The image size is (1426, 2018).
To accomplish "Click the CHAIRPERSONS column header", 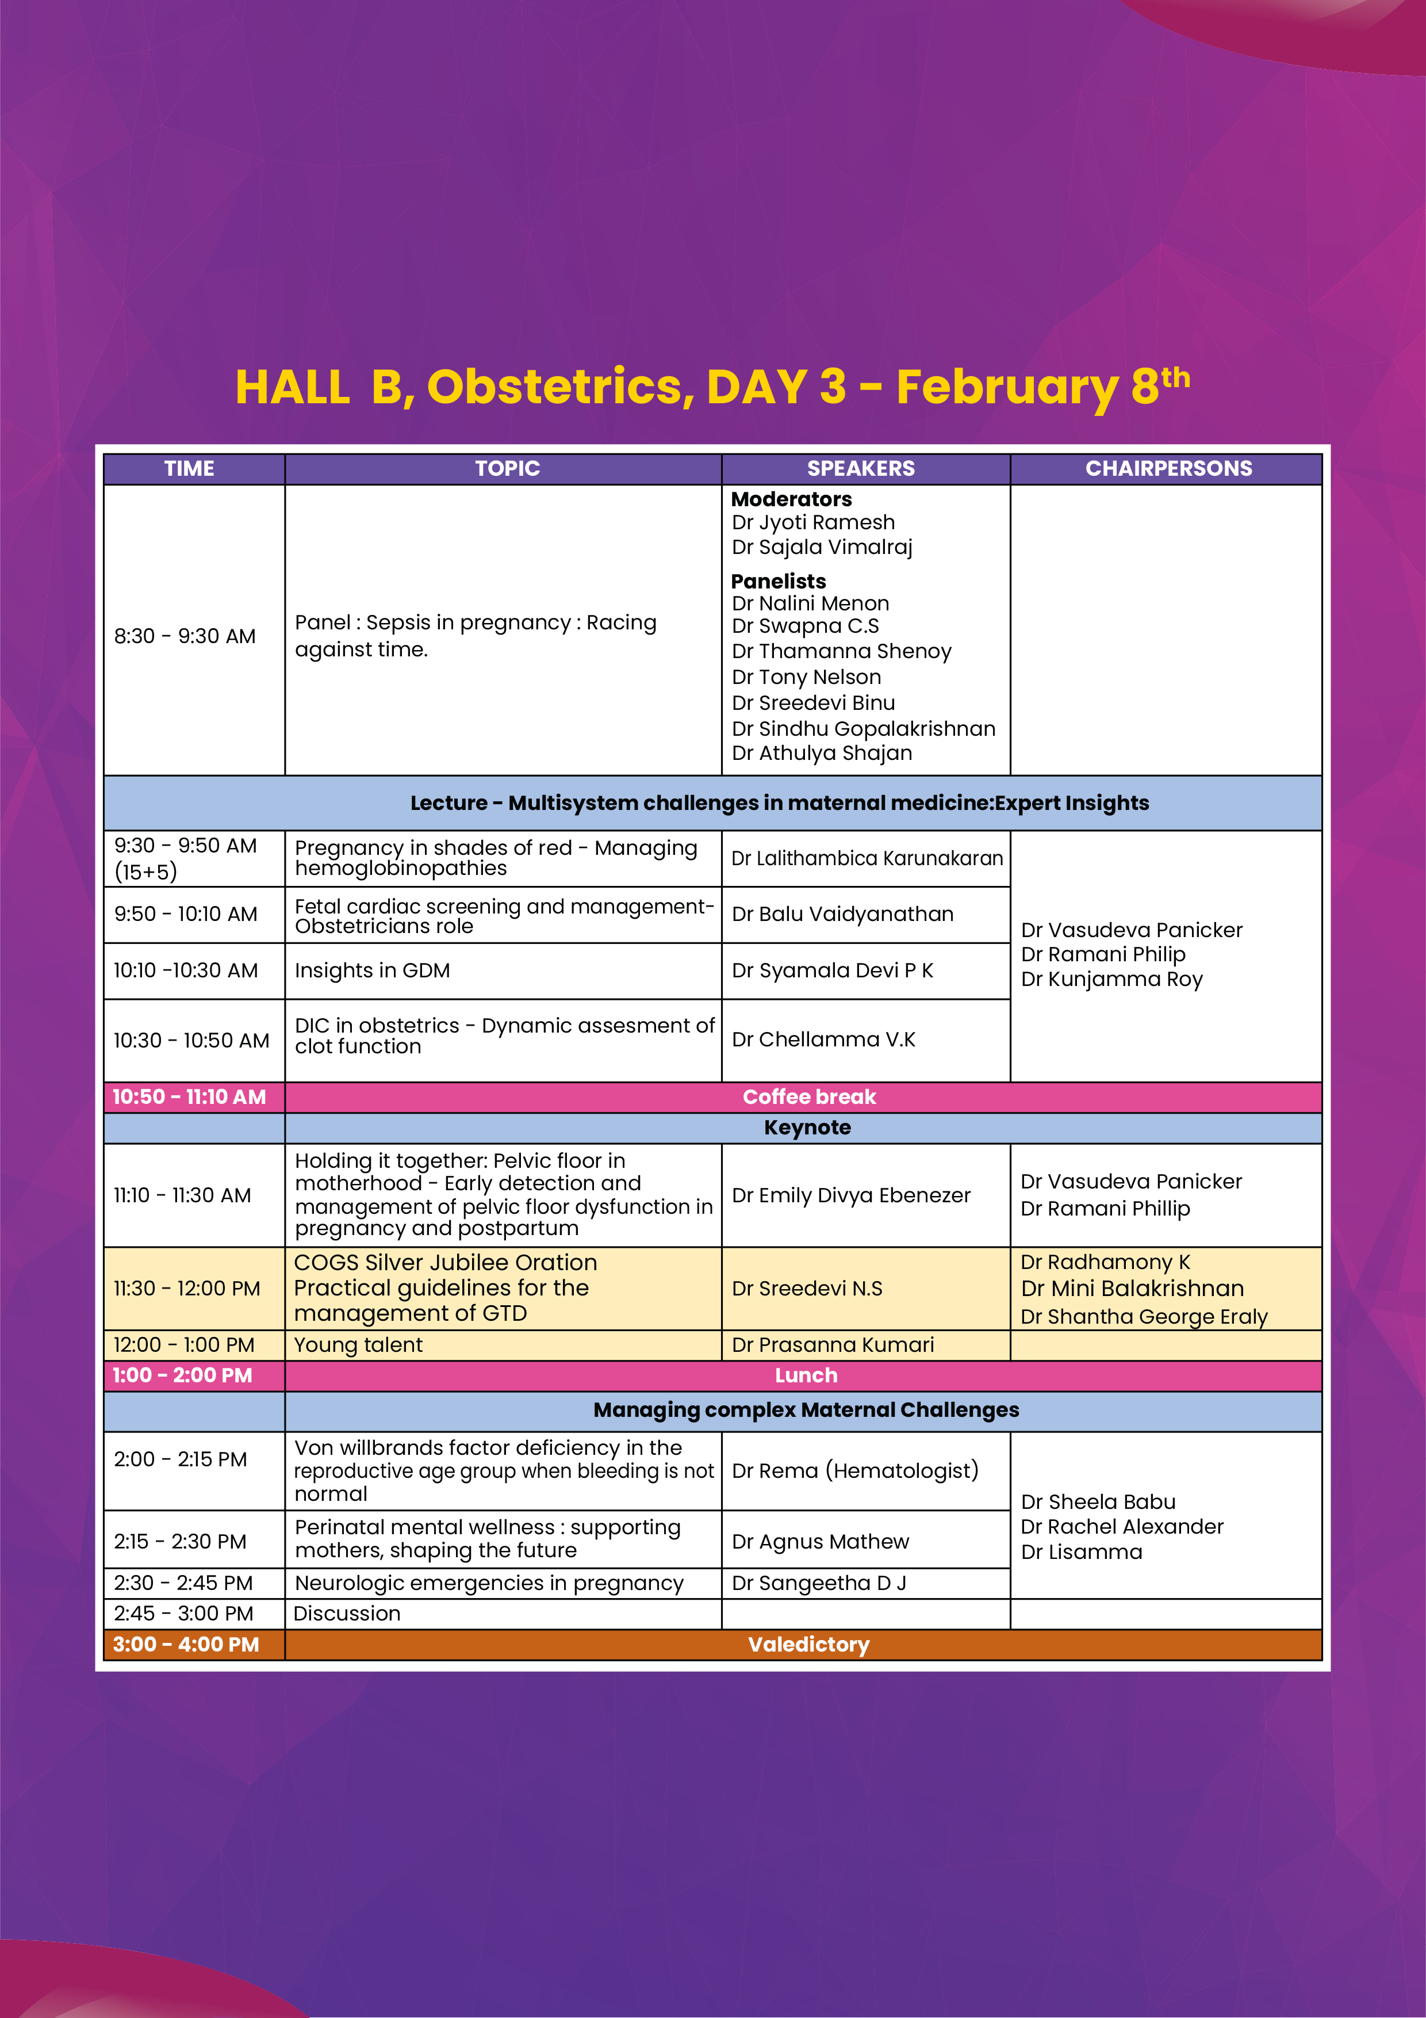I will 1168,468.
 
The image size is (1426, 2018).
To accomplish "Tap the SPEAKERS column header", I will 860,468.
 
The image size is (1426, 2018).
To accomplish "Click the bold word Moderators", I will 791,499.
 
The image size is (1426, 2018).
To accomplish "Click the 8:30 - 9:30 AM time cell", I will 185,636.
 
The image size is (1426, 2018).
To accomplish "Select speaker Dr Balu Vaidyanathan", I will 842,914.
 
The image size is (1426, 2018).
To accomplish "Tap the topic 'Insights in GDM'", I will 373,970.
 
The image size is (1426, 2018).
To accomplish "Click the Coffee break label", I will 809,1097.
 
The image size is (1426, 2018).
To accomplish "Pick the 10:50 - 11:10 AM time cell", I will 189,1097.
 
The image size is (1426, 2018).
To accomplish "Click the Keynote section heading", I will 807,1128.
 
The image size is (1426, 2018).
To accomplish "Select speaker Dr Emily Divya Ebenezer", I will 850,1195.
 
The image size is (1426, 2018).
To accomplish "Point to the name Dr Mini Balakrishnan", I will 1132,1289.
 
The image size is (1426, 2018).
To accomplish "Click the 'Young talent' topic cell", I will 358,1345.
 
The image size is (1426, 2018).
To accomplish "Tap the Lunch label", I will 806,1375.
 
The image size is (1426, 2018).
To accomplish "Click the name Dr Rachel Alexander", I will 1121,1527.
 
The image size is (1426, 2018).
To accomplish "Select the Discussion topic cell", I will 347,1614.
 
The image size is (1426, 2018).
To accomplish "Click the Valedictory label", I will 808,1645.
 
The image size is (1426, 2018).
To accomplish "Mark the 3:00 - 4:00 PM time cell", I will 186,1645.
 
